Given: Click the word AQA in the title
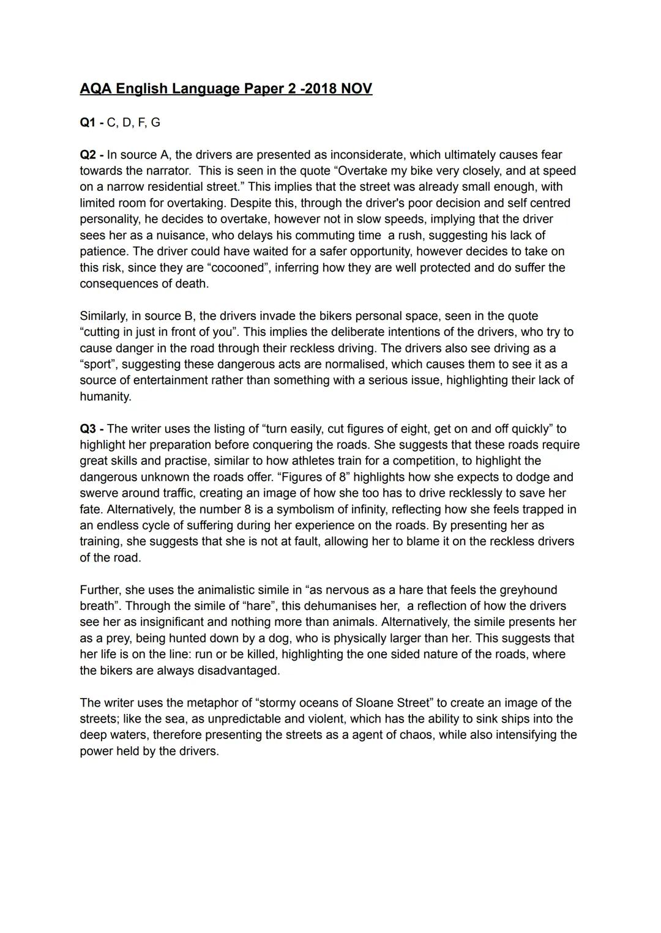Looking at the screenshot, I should tap(96, 89).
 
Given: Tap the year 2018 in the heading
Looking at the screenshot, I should tap(321, 89).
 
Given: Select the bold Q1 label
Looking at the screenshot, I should tap(89, 122).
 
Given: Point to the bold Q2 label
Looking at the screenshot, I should tap(89, 155).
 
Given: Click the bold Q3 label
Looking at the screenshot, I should tap(89, 429).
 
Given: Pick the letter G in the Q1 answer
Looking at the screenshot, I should tap(155, 122).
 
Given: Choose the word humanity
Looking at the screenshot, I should tap(105, 396).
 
